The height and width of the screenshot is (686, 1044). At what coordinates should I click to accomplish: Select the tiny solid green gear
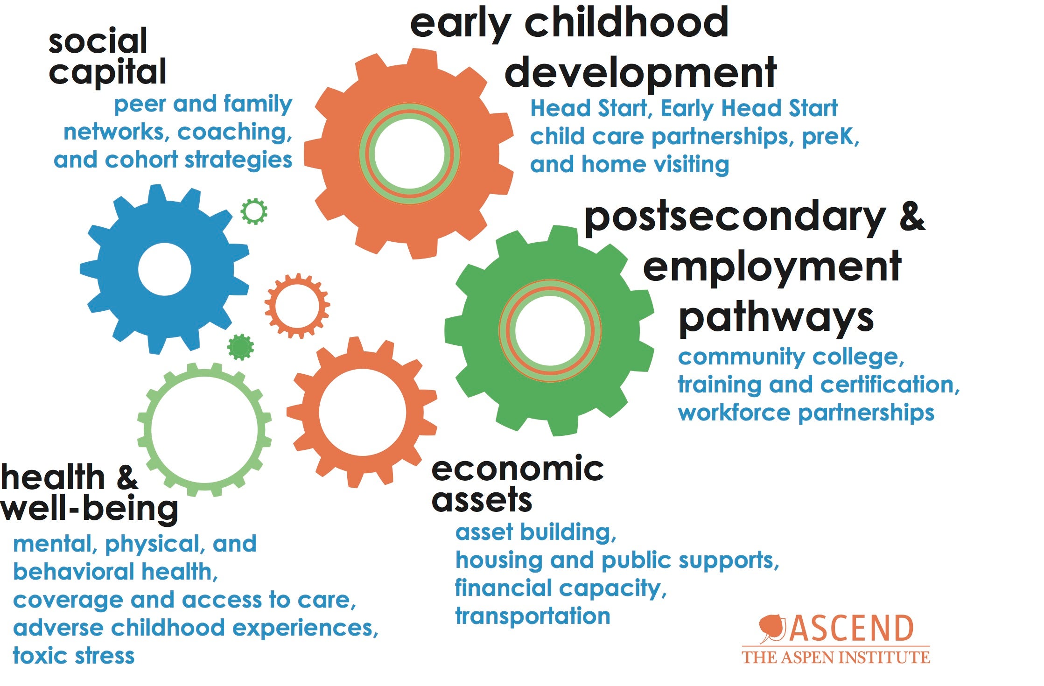[240, 347]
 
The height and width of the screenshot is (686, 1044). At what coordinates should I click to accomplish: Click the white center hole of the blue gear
[165, 269]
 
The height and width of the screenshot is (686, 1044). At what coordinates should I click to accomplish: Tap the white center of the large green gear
[550, 330]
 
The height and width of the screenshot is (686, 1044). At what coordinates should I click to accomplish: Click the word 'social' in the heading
[98, 41]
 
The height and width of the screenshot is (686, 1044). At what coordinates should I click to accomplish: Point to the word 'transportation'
[533, 616]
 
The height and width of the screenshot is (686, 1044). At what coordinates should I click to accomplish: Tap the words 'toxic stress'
[74, 656]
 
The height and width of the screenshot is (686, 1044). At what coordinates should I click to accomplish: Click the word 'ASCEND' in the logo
[851, 629]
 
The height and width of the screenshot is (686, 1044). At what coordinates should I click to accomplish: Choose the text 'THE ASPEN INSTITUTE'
[836, 658]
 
